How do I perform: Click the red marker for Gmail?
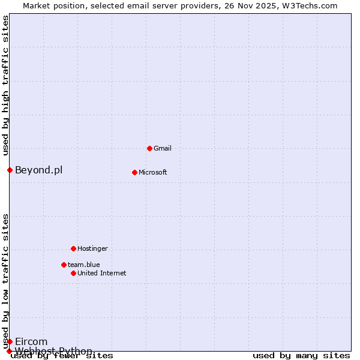pyautogui.click(x=149, y=148)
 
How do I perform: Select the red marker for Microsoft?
pyautogui.click(x=134, y=172)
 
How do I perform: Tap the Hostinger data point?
pyautogui.click(x=73, y=248)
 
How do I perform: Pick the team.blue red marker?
pyautogui.click(x=64, y=265)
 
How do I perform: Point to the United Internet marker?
pyautogui.click(x=73, y=273)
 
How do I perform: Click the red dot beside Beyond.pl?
pyautogui.click(x=10, y=170)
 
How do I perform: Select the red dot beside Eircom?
pyautogui.click(x=10, y=341)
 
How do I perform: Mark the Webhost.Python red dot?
pyautogui.click(x=10, y=351)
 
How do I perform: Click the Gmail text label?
pyautogui.click(x=163, y=148)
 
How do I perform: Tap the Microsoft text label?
pyautogui.click(x=153, y=172)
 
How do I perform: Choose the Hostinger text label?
pyautogui.click(x=92, y=248)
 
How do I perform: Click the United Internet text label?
pyautogui.click(x=102, y=273)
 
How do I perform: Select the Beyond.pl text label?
pyautogui.click(x=38, y=170)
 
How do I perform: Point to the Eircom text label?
pyautogui.click(x=31, y=341)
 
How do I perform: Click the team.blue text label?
pyautogui.click(x=83, y=265)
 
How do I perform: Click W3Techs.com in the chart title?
pyautogui.click(x=309, y=5)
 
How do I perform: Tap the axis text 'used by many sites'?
pyautogui.click(x=301, y=355)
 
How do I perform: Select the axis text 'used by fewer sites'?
pyautogui.click(x=62, y=355)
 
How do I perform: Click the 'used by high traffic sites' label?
pyautogui.click(x=5, y=85)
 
